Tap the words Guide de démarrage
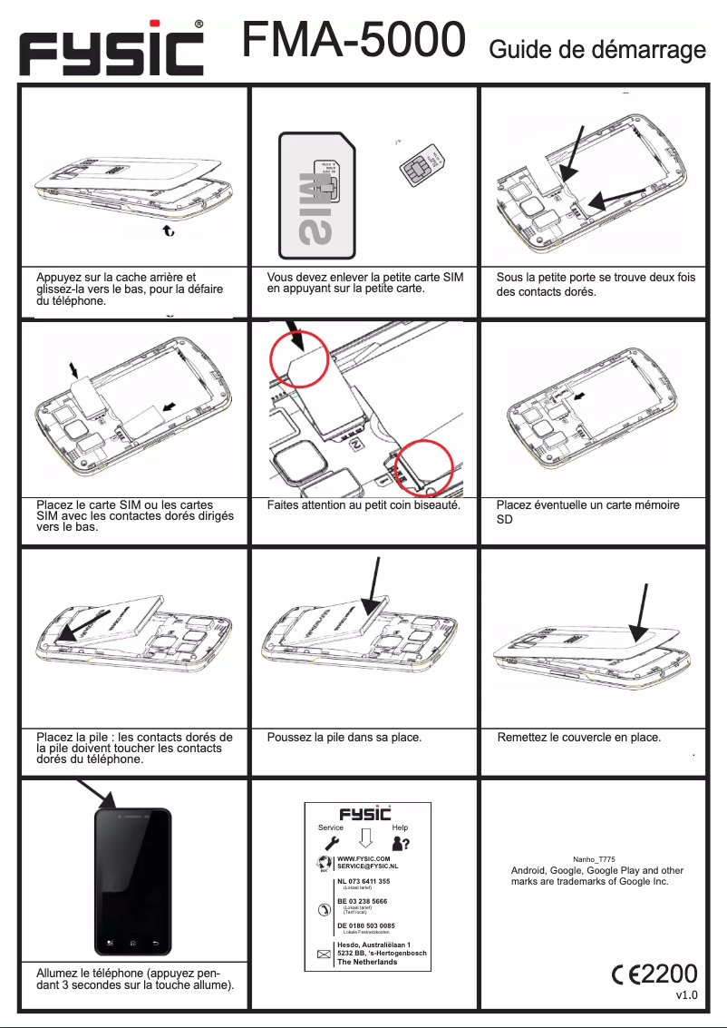coord(597,50)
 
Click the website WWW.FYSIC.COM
coord(363,857)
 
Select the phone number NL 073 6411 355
coord(363,881)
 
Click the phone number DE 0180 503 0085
coord(365,925)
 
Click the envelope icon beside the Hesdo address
coord(324,955)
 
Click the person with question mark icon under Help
coord(400,844)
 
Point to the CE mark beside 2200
coord(625,974)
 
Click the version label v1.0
coord(686,995)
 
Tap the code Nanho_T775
coord(595,858)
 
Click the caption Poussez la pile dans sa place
coord(344,738)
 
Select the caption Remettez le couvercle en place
coord(578,738)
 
